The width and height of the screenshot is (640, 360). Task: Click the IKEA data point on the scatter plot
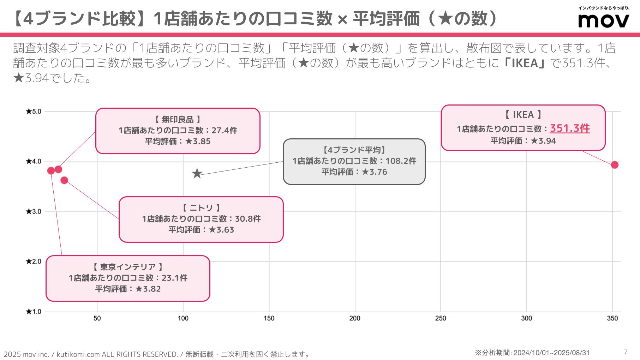click(615, 165)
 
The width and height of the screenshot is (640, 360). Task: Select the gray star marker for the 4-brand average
click(197, 174)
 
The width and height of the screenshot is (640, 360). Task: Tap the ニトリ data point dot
click(64, 180)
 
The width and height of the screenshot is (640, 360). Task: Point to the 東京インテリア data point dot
click(51, 171)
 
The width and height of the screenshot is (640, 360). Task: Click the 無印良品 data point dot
click(59, 169)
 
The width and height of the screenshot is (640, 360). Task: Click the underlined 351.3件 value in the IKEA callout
click(570, 128)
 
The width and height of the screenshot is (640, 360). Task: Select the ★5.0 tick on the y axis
click(34, 112)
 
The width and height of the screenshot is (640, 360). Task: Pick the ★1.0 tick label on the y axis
click(34, 312)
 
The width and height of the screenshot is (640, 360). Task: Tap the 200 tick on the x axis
click(355, 318)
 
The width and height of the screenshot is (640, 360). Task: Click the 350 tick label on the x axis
click(612, 318)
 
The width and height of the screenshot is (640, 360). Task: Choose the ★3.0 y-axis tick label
click(34, 212)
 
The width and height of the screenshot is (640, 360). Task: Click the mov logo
click(604, 20)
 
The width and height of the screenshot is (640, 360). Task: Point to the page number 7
click(626, 352)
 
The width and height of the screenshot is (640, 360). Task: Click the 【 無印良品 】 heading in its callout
click(178, 119)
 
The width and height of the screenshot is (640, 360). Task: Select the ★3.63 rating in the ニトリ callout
click(221, 230)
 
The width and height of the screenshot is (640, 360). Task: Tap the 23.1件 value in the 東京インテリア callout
click(174, 278)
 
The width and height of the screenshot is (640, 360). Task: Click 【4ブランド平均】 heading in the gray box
click(354, 150)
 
